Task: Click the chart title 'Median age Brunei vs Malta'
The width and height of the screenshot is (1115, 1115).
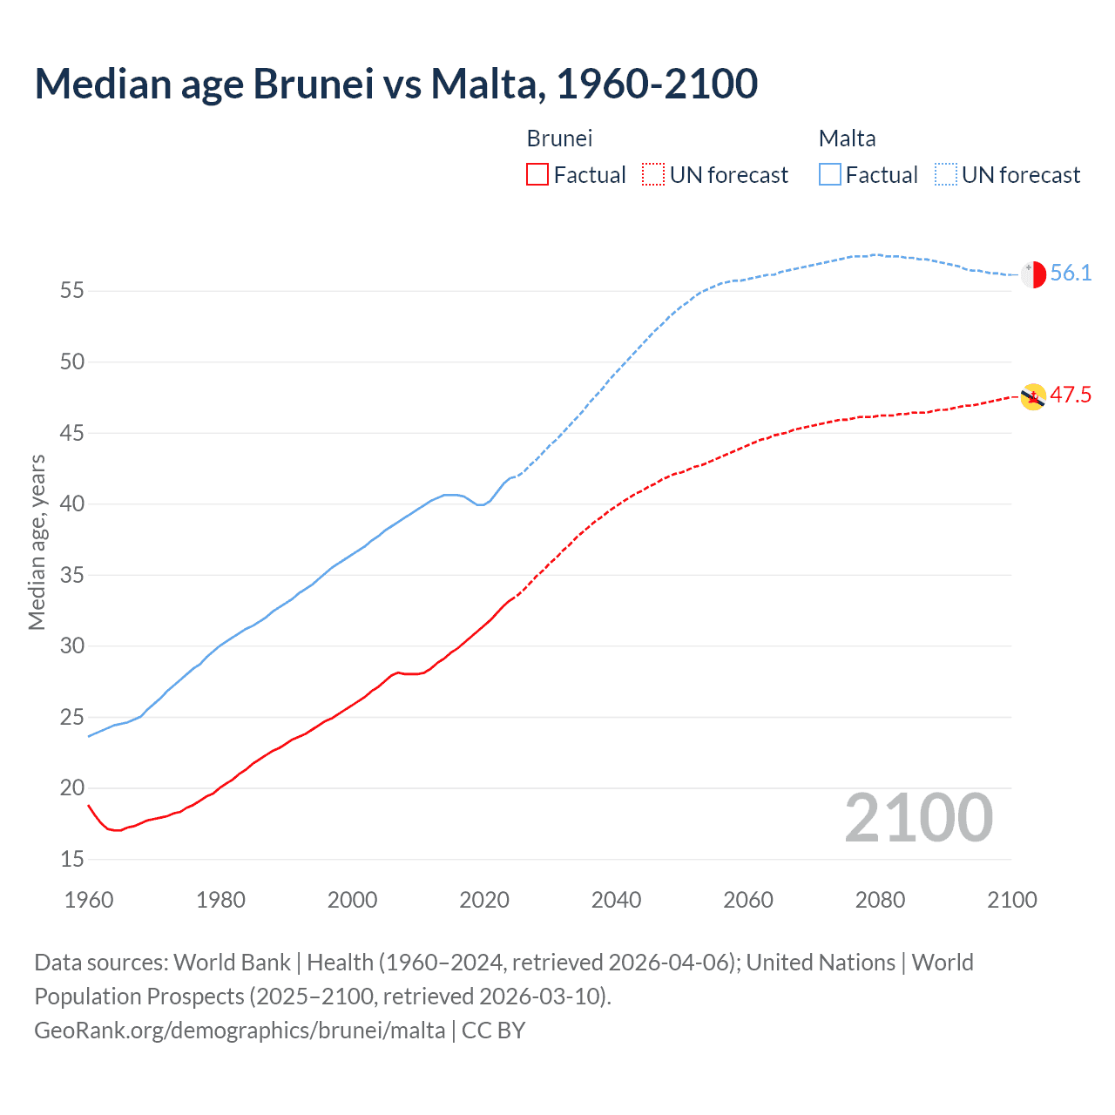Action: coord(395,84)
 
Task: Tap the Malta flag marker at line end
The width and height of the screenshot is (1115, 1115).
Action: coord(1033,274)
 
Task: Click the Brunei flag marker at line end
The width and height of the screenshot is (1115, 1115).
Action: coord(1033,396)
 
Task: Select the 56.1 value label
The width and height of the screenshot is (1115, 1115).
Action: coord(1071,274)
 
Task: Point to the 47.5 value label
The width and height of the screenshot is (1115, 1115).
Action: coord(1071,395)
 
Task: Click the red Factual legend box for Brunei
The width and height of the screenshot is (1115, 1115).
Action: coord(537,175)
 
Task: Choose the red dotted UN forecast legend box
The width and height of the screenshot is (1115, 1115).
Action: coord(653,175)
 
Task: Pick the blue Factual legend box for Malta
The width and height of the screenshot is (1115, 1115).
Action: coord(830,175)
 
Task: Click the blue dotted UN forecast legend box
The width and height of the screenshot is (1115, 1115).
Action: coord(945,175)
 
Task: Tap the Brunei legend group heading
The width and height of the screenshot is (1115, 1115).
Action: coord(559,139)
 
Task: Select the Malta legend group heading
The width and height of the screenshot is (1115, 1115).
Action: coord(847,139)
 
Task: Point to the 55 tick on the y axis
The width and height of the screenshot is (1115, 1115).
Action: coord(72,291)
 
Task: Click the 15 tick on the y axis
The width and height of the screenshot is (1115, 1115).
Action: coord(72,860)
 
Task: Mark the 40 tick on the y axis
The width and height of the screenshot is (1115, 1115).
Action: coord(72,504)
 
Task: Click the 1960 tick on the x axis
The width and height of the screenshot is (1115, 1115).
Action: coord(89,900)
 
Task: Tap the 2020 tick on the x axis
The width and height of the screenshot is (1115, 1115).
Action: coord(484,900)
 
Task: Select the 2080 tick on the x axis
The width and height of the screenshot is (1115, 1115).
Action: coord(880,900)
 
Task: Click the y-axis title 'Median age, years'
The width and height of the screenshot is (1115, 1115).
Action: coord(37,542)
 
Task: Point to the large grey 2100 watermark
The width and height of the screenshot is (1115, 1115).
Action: coord(918,818)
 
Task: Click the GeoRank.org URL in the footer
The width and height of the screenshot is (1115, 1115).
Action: coord(240,1031)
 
